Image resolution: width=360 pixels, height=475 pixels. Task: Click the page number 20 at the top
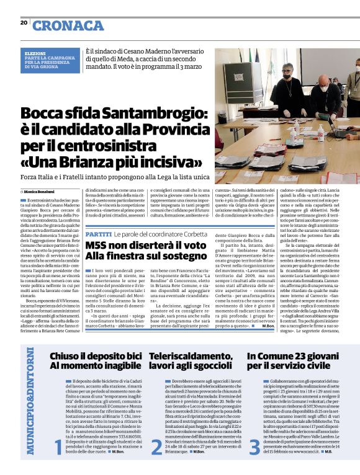point(24,23)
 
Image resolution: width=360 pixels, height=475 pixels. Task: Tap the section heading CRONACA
point(68,25)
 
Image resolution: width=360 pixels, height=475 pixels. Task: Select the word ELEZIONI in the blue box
point(35,54)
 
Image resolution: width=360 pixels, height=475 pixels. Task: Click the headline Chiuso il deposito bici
point(96,356)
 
